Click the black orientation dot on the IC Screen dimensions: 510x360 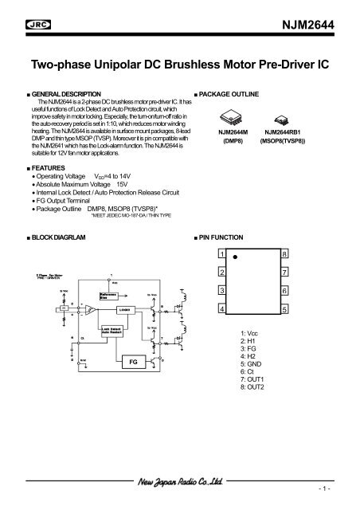(x=236, y=257)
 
